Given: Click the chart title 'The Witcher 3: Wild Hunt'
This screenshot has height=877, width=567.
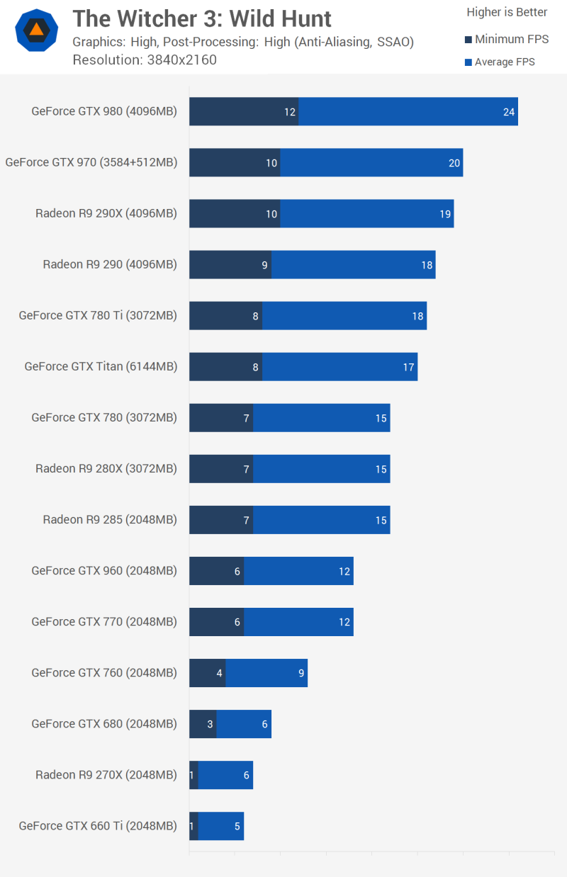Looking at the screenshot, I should [x=202, y=18].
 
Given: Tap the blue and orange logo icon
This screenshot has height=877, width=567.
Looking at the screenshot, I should [x=36, y=30].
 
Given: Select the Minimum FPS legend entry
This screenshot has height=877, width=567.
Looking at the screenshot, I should [x=506, y=40].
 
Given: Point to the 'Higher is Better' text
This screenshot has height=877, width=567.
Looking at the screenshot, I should [x=507, y=12].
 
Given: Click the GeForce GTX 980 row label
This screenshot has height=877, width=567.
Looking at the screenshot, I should [x=104, y=111].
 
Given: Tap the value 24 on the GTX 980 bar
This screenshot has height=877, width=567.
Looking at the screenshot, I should [x=509, y=112].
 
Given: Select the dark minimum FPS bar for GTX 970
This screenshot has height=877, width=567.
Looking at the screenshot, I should [x=234, y=163].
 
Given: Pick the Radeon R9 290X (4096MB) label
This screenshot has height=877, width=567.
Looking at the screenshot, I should [x=106, y=213].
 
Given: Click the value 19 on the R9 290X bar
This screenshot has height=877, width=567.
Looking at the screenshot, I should [x=445, y=214].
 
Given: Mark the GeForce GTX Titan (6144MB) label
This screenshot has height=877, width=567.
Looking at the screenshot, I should [x=101, y=366].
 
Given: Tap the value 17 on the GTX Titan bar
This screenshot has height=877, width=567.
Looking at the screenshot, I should [x=408, y=367].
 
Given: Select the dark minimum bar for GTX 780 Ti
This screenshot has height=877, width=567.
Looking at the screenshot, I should [x=225, y=316].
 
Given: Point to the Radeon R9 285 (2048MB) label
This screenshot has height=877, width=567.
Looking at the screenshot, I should [x=110, y=519].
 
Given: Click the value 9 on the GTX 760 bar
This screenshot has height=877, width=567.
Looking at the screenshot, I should [x=302, y=673].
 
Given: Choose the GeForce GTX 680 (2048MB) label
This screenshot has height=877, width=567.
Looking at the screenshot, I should [x=104, y=723].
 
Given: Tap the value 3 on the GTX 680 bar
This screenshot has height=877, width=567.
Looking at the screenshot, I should [x=210, y=724].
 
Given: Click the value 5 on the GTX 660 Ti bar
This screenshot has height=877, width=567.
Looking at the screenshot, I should [x=237, y=826].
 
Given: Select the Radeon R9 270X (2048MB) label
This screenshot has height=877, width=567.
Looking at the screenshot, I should [x=106, y=774].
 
